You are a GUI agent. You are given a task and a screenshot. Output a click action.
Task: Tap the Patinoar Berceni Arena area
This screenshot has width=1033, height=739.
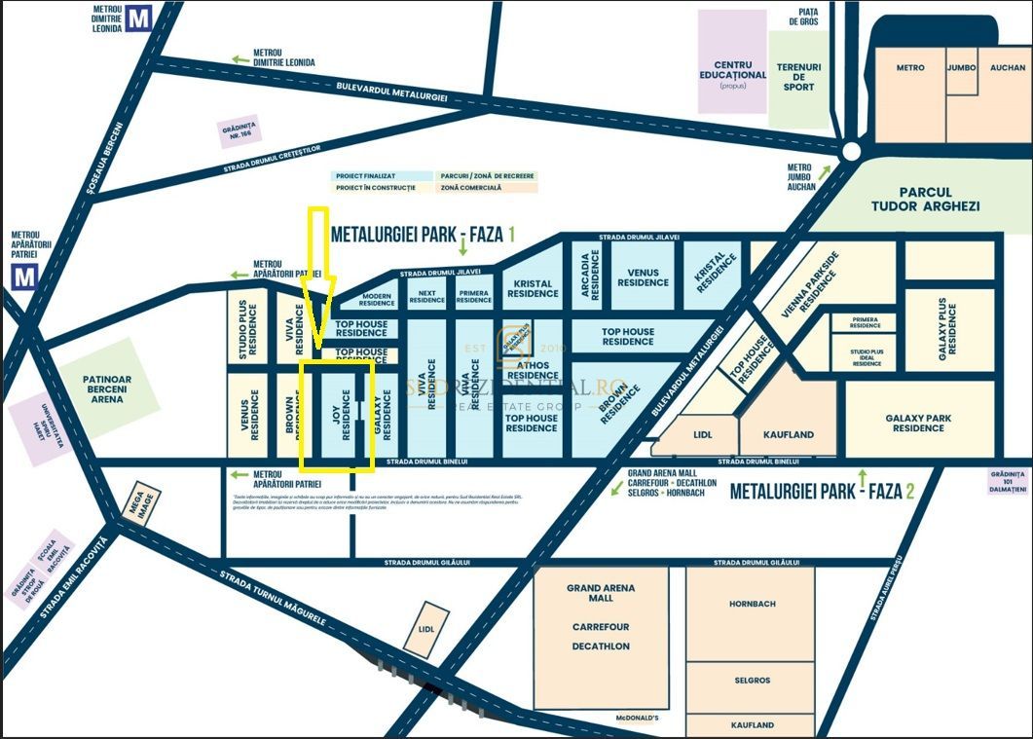point(107,386)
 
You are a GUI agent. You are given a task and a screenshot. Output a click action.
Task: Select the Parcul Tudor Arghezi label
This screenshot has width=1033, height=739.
point(924,200)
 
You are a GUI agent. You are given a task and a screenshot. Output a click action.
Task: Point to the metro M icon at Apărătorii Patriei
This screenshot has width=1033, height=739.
point(24,277)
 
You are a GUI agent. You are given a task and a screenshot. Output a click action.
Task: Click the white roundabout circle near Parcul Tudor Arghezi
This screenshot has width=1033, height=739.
point(850,151)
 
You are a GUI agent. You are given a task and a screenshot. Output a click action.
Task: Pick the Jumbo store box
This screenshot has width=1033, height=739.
point(961,68)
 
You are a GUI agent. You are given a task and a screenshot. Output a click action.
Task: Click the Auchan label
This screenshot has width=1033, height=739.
point(1007,68)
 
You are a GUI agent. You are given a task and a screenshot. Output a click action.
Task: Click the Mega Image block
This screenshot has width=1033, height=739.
point(139,503)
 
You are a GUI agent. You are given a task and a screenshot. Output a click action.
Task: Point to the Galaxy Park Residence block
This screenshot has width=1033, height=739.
point(918,422)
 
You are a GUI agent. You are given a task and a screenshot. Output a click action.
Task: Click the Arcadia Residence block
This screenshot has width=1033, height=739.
point(590,274)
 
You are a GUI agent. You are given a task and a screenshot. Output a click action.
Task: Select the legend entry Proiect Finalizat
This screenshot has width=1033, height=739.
point(364,176)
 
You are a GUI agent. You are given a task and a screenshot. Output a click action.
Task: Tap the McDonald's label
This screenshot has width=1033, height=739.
point(637,719)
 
